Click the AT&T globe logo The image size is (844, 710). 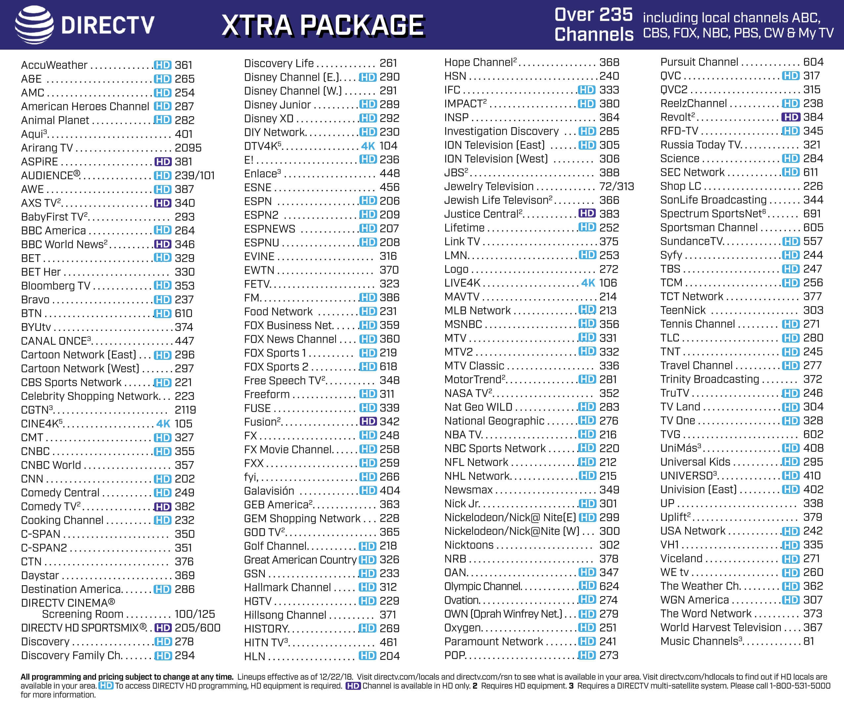click(x=34, y=24)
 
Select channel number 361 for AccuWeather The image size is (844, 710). click(x=184, y=65)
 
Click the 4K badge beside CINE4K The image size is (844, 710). click(x=163, y=424)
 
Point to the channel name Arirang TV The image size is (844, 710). click(x=47, y=148)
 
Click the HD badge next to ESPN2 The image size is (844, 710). click(x=368, y=214)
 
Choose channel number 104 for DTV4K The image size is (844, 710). click(x=388, y=146)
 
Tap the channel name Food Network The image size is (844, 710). click(x=278, y=311)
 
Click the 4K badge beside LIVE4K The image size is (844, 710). click(x=588, y=283)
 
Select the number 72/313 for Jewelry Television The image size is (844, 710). click(x=617, y=186)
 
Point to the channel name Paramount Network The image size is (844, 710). click(x=493, y=641)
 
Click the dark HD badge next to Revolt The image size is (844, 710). click(x=790, y=117)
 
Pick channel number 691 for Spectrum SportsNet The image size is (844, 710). click(x=812, y=214)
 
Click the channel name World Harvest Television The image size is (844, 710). click(x=721, y=628)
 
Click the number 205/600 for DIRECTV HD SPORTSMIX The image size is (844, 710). click(x=197, y=628)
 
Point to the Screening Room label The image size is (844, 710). click(x=82, y=614)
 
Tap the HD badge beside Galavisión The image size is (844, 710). click(x=368, y=491)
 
